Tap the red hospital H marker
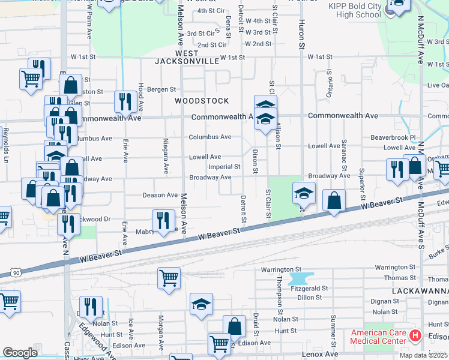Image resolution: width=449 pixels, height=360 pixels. click(415, 335)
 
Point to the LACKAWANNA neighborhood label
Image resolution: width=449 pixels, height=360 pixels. click(420, 290)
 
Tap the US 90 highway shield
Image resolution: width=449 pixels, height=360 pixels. click(14, 273)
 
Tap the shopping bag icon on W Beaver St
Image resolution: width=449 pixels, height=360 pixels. click(334, 200)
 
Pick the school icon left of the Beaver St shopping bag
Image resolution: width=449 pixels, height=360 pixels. click(304, 193)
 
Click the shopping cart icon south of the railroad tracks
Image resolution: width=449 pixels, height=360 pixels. click(169, 278)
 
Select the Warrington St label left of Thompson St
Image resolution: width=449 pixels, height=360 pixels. click(280, 269)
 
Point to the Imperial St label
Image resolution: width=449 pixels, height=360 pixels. click(224, 167)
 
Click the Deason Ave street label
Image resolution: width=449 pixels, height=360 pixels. click(160, 195)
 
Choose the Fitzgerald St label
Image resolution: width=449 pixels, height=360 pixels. click(310, 289)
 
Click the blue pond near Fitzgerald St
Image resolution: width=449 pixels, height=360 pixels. click(301, 278)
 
